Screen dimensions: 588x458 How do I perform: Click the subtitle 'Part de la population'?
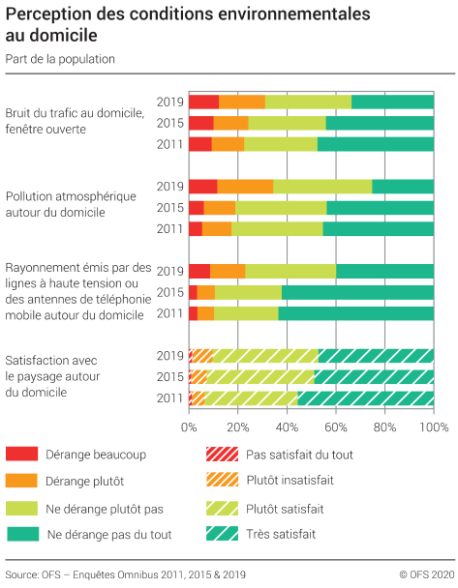pyautogui.click(x=60, y=59)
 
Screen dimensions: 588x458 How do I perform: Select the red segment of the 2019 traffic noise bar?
pyautogui.click(x=203, y=102)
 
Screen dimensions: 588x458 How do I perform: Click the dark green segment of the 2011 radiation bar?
pyautogui.click(x=355, y=313)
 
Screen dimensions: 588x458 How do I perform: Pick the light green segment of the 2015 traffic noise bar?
pyautogui.click(x=287, y=123)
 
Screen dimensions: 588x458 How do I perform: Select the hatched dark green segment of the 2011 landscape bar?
pyautogui.click(x=365, y=397)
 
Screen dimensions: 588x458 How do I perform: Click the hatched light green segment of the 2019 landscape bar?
pyautogui.click(x=265, y=355)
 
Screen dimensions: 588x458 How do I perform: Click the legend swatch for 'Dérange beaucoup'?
pyautogui.click(x=21, y=455)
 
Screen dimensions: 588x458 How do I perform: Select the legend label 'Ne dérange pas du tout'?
pyautogui.click(x=109, y=534)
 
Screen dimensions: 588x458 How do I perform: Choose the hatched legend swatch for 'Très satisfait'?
pyautogui.click(x=220, y=534)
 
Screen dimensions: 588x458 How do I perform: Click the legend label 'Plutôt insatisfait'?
pyautogui.click(x=292, y=481)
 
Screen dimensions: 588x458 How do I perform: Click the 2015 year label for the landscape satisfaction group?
pyautogui.click(x=170, y=376)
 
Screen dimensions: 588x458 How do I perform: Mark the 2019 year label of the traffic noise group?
pyautogui.click(x=170, y=102)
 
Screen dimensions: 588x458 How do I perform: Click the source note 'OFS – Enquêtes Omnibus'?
pyautogui.click(x=125, y=574)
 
